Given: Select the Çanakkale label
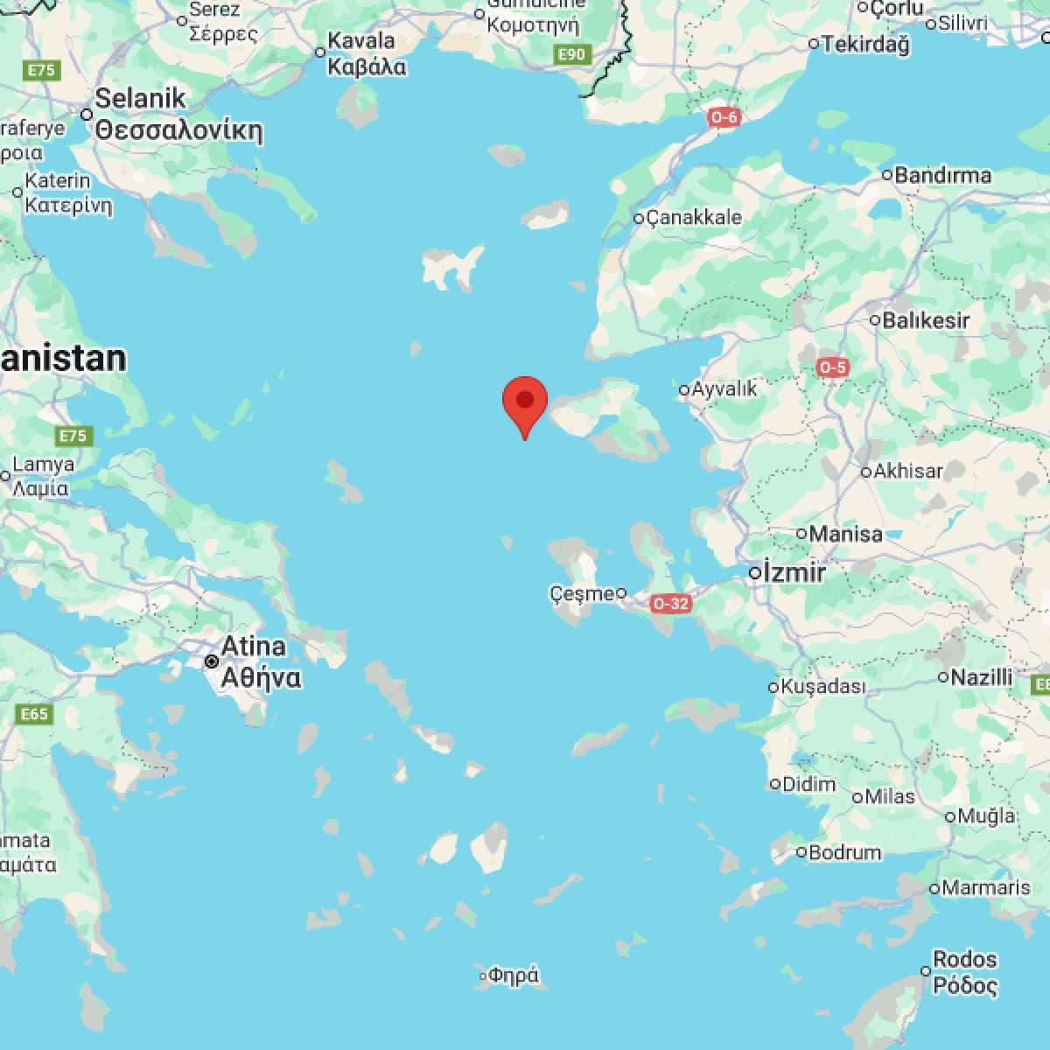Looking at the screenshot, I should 693,217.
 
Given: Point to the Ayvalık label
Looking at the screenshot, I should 724,388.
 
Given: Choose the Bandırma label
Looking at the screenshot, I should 942,175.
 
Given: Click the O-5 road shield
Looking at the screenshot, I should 832,367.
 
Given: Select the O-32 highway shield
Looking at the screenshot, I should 671,603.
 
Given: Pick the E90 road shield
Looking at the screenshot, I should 572,55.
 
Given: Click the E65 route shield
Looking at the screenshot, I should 34,714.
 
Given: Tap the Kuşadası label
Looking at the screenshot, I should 822,687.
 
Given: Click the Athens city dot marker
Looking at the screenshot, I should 211,661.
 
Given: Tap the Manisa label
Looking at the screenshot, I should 845,533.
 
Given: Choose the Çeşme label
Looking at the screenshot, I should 582,593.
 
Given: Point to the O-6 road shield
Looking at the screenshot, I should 725,117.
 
